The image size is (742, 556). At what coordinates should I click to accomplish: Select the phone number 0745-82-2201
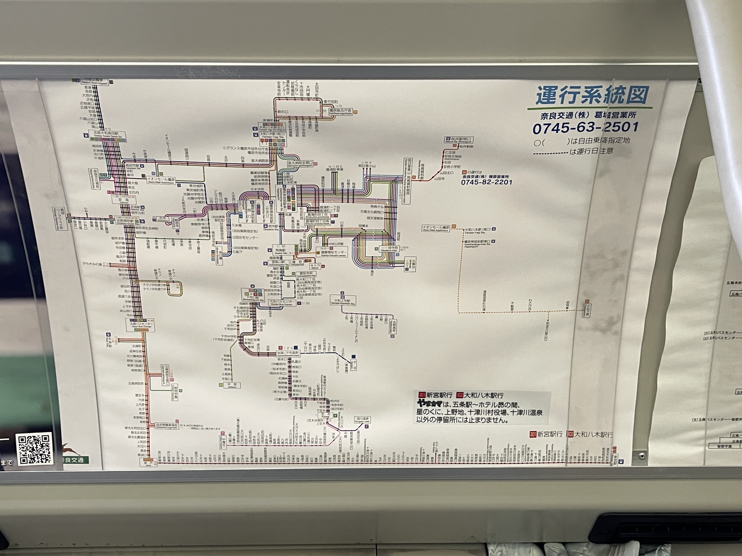point(486,182)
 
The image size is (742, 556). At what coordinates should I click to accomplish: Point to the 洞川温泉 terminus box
point(362,419)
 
